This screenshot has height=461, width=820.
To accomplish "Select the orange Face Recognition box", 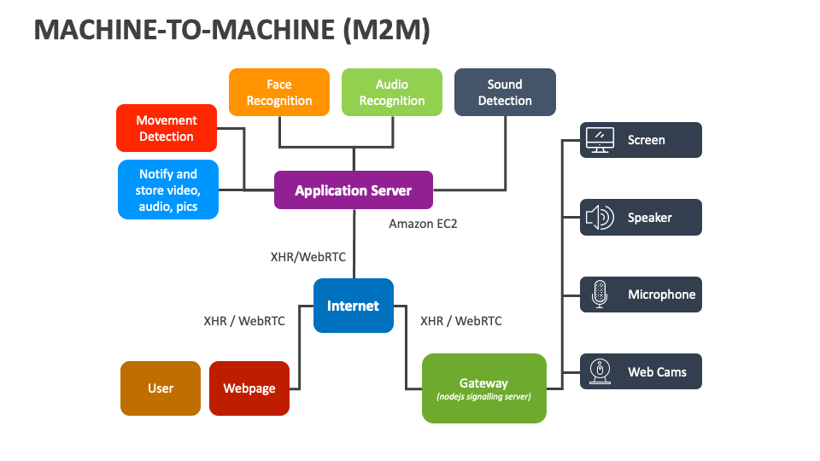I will [279, 92].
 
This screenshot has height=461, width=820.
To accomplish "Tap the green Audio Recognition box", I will [392, 92].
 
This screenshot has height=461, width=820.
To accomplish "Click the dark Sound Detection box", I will [505, 92].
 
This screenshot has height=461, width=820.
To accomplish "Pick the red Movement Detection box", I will [167, 128].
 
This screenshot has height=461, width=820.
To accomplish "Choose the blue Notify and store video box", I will [167, 190].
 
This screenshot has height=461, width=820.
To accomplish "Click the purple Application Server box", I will [354, 190].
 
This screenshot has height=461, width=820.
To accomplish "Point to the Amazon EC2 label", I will [424, 224].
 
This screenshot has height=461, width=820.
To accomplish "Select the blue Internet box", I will [353, 306].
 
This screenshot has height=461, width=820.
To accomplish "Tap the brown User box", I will [161, 388].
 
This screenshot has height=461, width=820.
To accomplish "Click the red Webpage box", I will [249, 388].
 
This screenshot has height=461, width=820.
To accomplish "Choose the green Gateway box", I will [483, 388].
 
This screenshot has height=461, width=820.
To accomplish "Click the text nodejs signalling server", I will [483, 397].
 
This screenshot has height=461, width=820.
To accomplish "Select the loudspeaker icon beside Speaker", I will [600, 218].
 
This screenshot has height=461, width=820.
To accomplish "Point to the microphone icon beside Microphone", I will [600, 295].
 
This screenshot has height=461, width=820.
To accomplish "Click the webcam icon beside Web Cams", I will [600, 371].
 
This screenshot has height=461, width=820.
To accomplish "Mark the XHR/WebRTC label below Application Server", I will [308, 256].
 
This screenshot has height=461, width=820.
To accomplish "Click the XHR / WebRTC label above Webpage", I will [244, 321].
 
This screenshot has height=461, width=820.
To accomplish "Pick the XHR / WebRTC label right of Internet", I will [461, 321].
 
